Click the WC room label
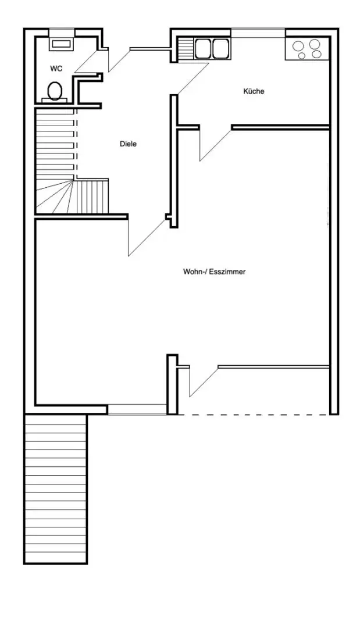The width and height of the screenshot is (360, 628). point(56,69)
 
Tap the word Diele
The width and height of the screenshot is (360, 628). point(128,144)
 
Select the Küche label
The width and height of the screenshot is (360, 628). point(254,91)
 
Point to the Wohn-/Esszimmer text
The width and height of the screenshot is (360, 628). point(214,272)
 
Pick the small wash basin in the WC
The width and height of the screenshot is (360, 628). point(61,44)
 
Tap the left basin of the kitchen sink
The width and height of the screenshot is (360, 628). point(203,48)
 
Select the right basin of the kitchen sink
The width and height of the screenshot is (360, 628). point(220,48)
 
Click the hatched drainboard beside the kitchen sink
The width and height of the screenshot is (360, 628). point(185,48)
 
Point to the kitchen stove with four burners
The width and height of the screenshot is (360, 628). point(308,49)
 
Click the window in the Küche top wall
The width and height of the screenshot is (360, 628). point(258,33)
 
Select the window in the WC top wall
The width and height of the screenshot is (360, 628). point(61,33)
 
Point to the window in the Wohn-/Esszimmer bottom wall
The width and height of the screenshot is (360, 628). point(137,409)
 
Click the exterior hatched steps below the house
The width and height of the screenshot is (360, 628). point(56,489)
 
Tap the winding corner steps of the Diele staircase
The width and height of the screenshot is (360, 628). point(55,197)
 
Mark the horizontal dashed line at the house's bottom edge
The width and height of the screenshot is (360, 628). point(254,414)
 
